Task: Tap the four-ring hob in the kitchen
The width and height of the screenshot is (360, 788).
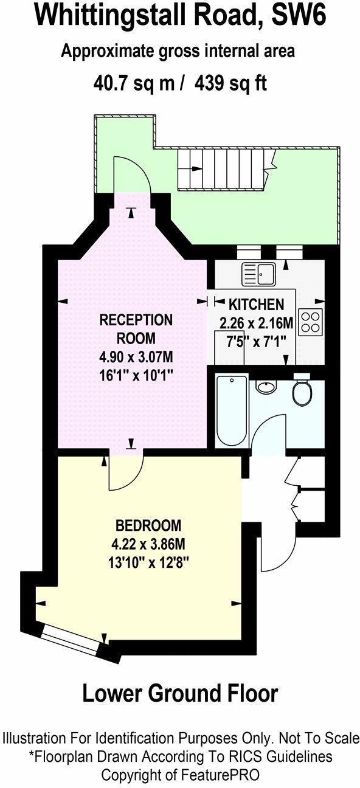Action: (x=310, y=322)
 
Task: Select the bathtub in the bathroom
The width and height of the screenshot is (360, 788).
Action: (x=232, y=411)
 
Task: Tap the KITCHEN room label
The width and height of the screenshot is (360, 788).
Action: (x=255, y=304)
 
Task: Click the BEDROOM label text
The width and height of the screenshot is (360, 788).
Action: (x=148, y=525)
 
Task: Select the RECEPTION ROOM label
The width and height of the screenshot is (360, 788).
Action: (x=136, y=328)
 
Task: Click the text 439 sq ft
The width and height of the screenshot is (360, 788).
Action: (x=231, y=83)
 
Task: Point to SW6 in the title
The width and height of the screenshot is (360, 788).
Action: (x=299, y=16)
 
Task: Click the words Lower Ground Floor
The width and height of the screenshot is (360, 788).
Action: (x=180, y=693)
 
